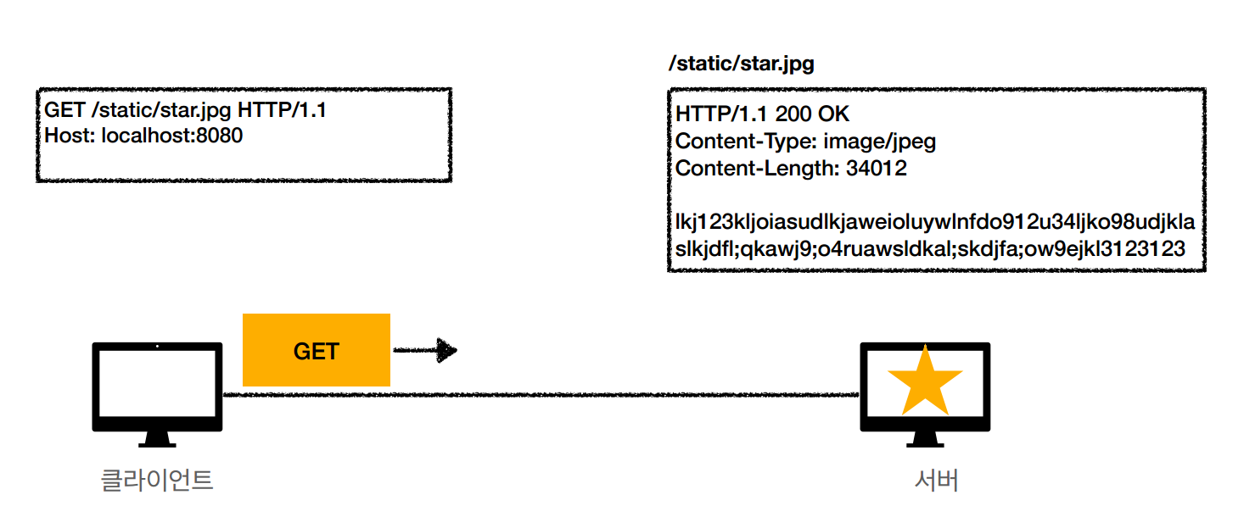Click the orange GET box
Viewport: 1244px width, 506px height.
(x=316, y=350)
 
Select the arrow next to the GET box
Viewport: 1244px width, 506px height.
(x=425, y=350)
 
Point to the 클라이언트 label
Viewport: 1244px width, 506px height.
(x=157, y=481)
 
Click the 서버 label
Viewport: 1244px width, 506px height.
(x=937, y=481)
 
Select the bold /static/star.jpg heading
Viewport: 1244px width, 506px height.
(x=741, y=64)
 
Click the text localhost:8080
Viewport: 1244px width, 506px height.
(x=171, y=135)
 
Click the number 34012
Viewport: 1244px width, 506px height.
(x=876, y=168)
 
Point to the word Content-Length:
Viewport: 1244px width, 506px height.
(x=757, y=168)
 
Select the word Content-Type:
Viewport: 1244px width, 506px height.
(x=746, y=141)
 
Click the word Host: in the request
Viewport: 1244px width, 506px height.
(x=70, y=135)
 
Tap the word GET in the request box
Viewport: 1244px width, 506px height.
(x=64, y=110)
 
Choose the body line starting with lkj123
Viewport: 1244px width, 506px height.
(x=934, y=222)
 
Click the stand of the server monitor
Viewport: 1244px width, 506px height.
(x=924, y=439)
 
